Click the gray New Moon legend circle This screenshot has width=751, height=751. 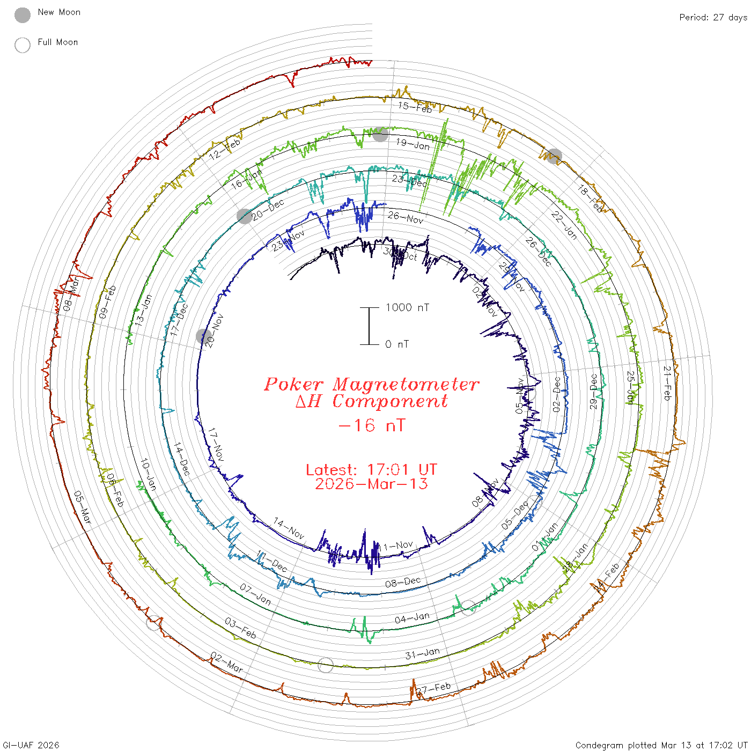click(x=23, y=16)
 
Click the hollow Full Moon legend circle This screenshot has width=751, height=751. click(x=23, y=46)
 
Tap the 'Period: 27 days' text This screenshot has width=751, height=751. click(x=713, y=18)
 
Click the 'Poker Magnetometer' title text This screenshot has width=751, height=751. click(x=371, y=384)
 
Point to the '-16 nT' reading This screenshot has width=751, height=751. click(x=372, y=425)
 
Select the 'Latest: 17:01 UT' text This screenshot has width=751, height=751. click(x=371, y=470)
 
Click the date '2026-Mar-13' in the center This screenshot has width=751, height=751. click(x=371, y=484)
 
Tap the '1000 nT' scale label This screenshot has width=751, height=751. click(x=407, y=307)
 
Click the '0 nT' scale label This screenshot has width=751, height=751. click(x=397, y=344)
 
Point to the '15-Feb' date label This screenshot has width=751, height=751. click(x=415, y=107)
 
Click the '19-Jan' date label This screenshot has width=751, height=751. click(x=413, y=144)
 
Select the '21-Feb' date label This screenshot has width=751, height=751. click(x=667, y=383)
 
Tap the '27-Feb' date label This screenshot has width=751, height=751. click(x=433, y=688)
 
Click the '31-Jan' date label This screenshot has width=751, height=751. click(x=422, y=653)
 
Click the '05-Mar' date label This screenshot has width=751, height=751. click(x=83, y=507)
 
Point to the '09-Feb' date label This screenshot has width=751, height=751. click(x=107, y=302)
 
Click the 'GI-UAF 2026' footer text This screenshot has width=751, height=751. click(x=30, y=745)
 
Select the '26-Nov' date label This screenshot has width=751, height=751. click(x=406, y=217)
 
